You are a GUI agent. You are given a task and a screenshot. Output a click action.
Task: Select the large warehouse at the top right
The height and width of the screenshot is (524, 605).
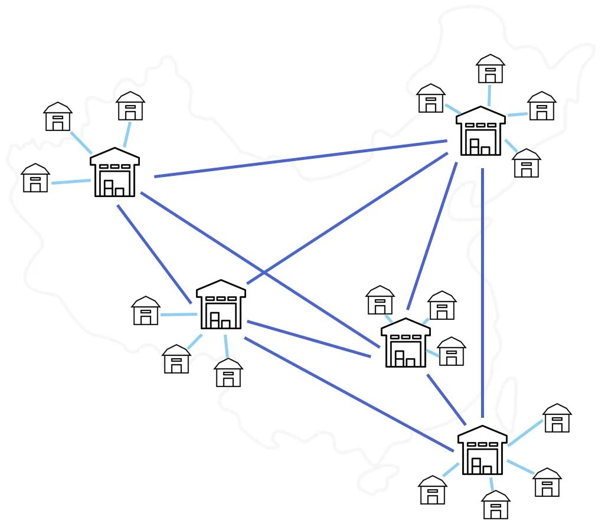(480, 132)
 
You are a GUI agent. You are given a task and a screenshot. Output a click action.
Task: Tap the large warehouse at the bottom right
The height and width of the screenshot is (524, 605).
(482, 450)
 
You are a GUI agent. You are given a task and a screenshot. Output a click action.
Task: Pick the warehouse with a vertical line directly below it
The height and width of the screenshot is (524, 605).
(480, 132)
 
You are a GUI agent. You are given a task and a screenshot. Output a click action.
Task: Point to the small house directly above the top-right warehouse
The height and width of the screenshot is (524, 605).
(490, 69)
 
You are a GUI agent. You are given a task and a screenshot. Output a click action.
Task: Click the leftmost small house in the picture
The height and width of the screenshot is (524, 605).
(35, 178)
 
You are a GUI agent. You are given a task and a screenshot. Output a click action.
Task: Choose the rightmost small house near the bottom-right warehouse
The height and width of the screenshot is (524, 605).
(556, 418)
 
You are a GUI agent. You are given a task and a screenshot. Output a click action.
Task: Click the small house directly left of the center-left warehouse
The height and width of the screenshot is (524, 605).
(146, 311)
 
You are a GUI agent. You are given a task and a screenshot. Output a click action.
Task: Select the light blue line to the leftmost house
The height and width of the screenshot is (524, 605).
(71, 182)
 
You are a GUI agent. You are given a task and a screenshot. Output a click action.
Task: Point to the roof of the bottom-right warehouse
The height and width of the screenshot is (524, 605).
(482, 434)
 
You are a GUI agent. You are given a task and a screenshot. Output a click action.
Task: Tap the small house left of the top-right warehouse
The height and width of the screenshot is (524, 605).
(431, 99)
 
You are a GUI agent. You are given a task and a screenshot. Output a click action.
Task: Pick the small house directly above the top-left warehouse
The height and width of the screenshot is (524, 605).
(130, 106)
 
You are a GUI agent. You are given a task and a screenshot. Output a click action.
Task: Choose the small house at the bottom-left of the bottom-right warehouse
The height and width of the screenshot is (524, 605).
(433, 490)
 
